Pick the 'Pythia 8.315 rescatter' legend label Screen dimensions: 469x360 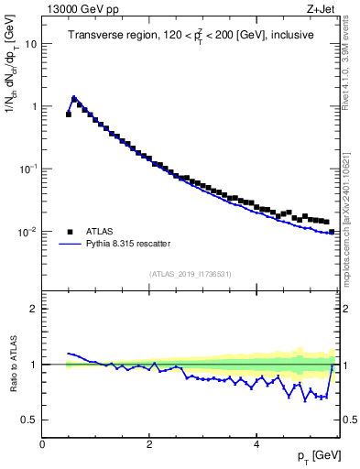[126, 244]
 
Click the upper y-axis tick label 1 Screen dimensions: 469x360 [34, 106]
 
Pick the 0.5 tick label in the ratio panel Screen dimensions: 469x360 [29, 420]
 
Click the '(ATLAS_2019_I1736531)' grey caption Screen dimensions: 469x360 [191, 274]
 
